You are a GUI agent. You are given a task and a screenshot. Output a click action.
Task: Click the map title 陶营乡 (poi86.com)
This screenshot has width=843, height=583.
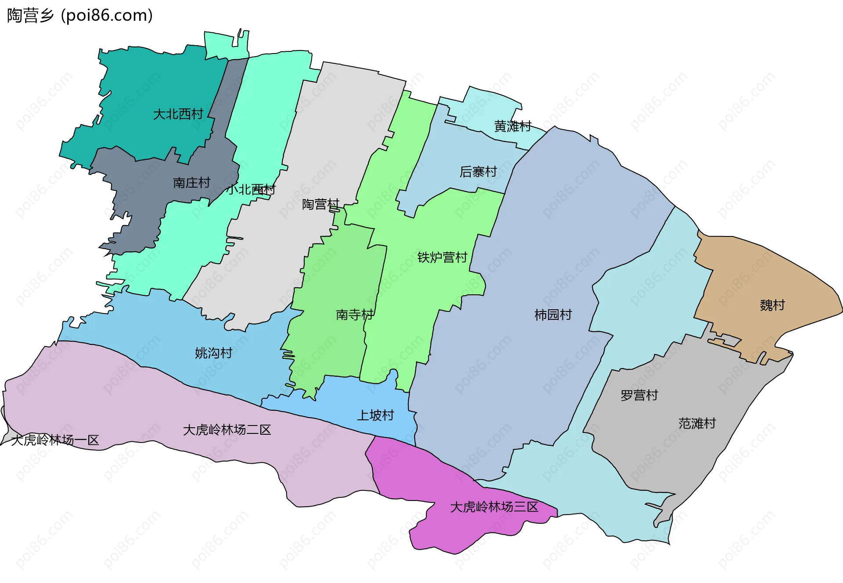[80, 15]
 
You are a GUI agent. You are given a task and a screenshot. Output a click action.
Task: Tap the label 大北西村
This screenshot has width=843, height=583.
[178, 114]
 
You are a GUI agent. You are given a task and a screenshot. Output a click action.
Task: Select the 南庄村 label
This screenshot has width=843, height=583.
[191, 183]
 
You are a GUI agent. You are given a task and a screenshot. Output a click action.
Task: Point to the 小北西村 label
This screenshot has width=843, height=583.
[251, 190]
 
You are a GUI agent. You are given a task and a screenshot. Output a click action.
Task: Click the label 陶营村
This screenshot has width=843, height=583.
[321, 204]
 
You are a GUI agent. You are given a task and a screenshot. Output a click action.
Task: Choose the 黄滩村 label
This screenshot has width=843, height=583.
[512, 127]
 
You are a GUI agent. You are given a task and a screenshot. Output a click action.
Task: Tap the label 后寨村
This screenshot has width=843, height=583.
[478, 172]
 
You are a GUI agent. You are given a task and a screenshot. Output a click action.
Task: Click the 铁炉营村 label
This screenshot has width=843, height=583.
[442, 258]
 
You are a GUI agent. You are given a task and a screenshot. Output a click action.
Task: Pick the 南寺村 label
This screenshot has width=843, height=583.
[354, 315]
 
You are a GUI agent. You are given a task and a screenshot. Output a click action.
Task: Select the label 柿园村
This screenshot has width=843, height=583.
[553, 315]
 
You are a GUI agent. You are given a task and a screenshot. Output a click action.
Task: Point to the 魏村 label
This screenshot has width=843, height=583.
[772, 305]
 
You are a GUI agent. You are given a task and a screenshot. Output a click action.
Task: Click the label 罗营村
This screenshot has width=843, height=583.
[639, 396]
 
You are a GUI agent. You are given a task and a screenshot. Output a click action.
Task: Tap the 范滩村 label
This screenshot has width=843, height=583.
[697, 424]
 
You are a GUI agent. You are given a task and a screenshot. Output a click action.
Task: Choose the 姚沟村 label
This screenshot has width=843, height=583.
[213, 353]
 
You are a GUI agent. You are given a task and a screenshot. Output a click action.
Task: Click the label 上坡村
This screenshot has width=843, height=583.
[375, 415]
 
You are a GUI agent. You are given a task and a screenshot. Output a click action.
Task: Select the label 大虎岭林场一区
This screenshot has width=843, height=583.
[55, 440]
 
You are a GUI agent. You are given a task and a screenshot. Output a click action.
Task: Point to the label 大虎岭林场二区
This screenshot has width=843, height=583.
[227, 430]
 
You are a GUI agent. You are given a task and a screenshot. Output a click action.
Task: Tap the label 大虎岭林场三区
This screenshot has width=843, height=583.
[494, 508]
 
